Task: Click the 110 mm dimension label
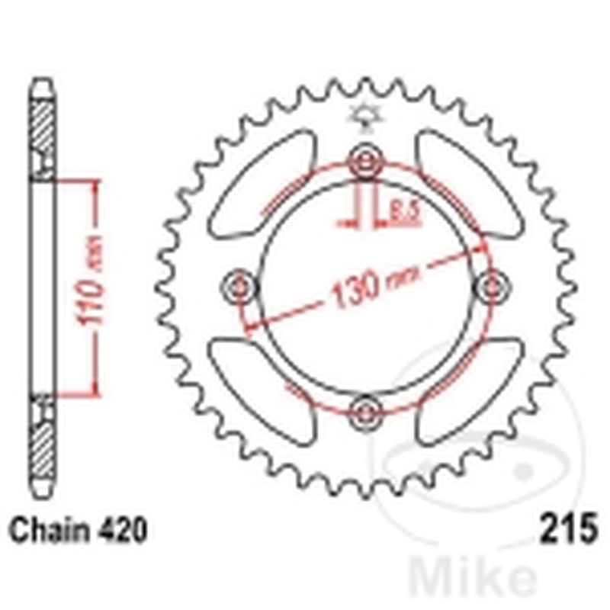click(92, 289)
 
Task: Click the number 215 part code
click(568, 528)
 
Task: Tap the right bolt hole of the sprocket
click(490, 287)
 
